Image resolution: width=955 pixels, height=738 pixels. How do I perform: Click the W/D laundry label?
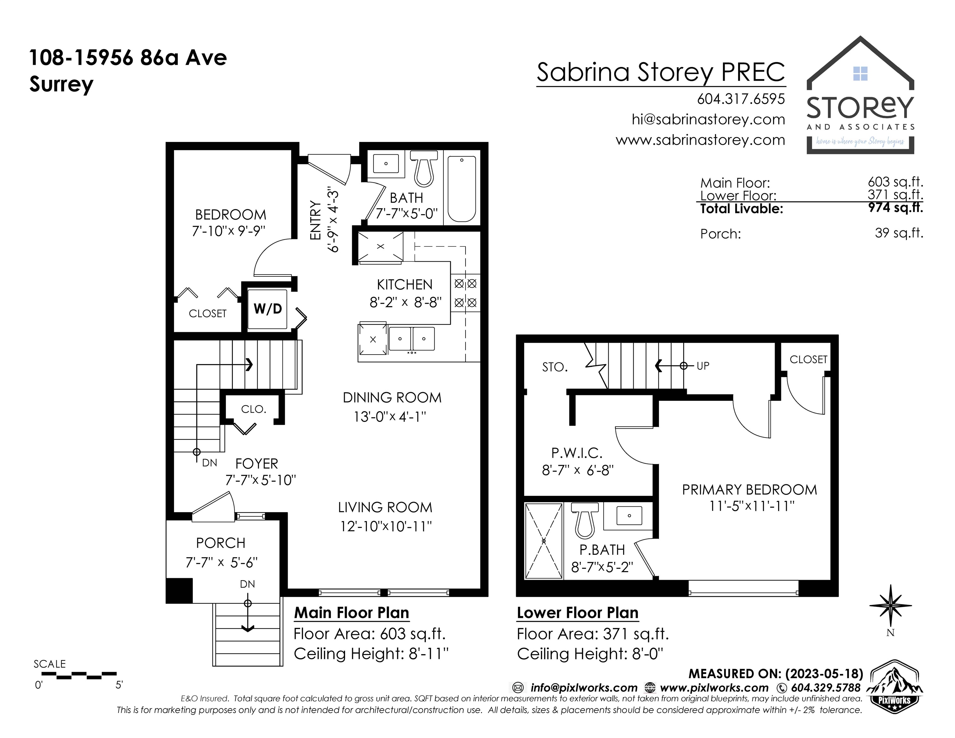pos(268,309)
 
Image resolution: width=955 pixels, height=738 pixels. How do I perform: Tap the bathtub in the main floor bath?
pos(462,189)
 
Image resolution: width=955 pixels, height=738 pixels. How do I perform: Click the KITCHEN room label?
pos(405,285)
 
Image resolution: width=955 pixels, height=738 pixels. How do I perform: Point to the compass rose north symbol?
pos(890,605)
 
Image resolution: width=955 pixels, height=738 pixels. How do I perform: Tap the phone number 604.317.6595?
pos(741,99)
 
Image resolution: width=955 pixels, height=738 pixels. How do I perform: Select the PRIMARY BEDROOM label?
pos(749,490)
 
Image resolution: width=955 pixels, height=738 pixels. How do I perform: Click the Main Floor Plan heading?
pos(351,612)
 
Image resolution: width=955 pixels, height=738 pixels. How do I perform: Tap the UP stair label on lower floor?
pos(703,366)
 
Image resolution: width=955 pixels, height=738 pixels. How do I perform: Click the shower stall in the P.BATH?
pos(544,541)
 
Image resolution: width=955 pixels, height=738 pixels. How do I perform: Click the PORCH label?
pos(220,543)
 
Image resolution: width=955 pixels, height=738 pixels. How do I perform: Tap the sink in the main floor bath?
pos(386,163)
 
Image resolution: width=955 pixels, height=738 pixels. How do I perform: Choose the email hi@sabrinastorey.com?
pos(708,119)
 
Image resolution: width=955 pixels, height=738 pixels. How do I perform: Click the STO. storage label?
pos(555,367)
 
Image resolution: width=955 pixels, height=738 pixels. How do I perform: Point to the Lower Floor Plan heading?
pos(578,612)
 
